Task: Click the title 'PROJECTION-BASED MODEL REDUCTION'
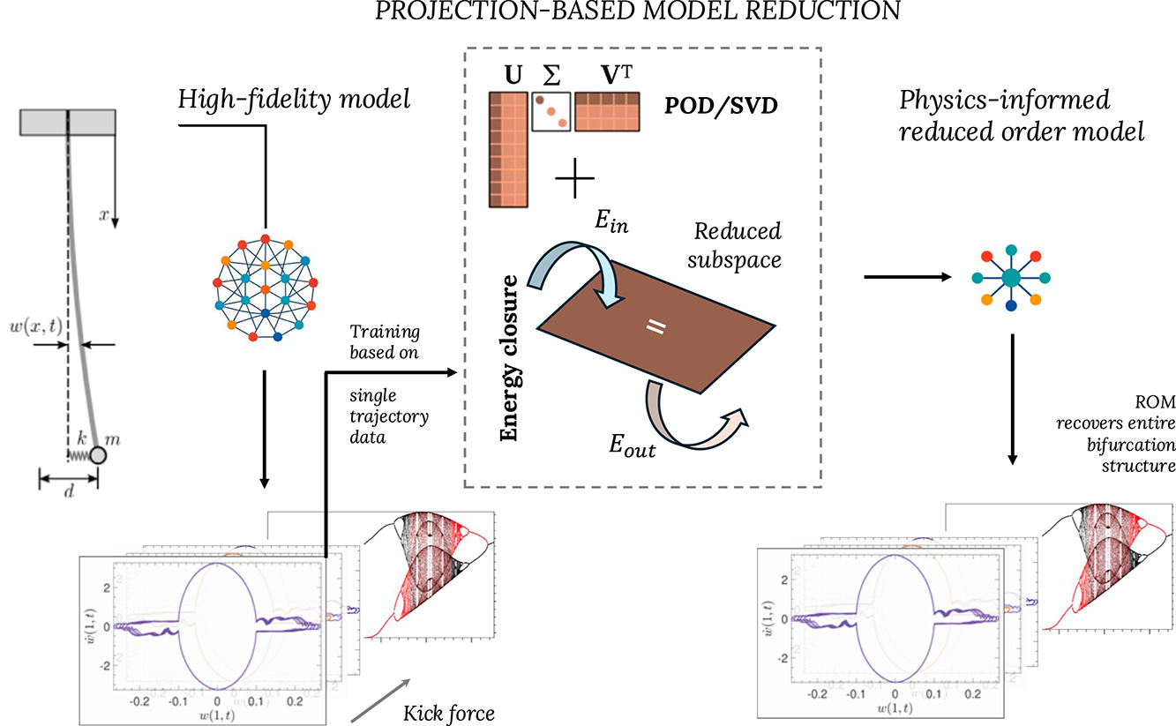coord(588,11)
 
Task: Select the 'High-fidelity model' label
coord(295,100)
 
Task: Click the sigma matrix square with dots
coord(551,112)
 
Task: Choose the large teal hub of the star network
coord(1011,278)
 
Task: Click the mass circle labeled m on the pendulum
coord(97,455)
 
